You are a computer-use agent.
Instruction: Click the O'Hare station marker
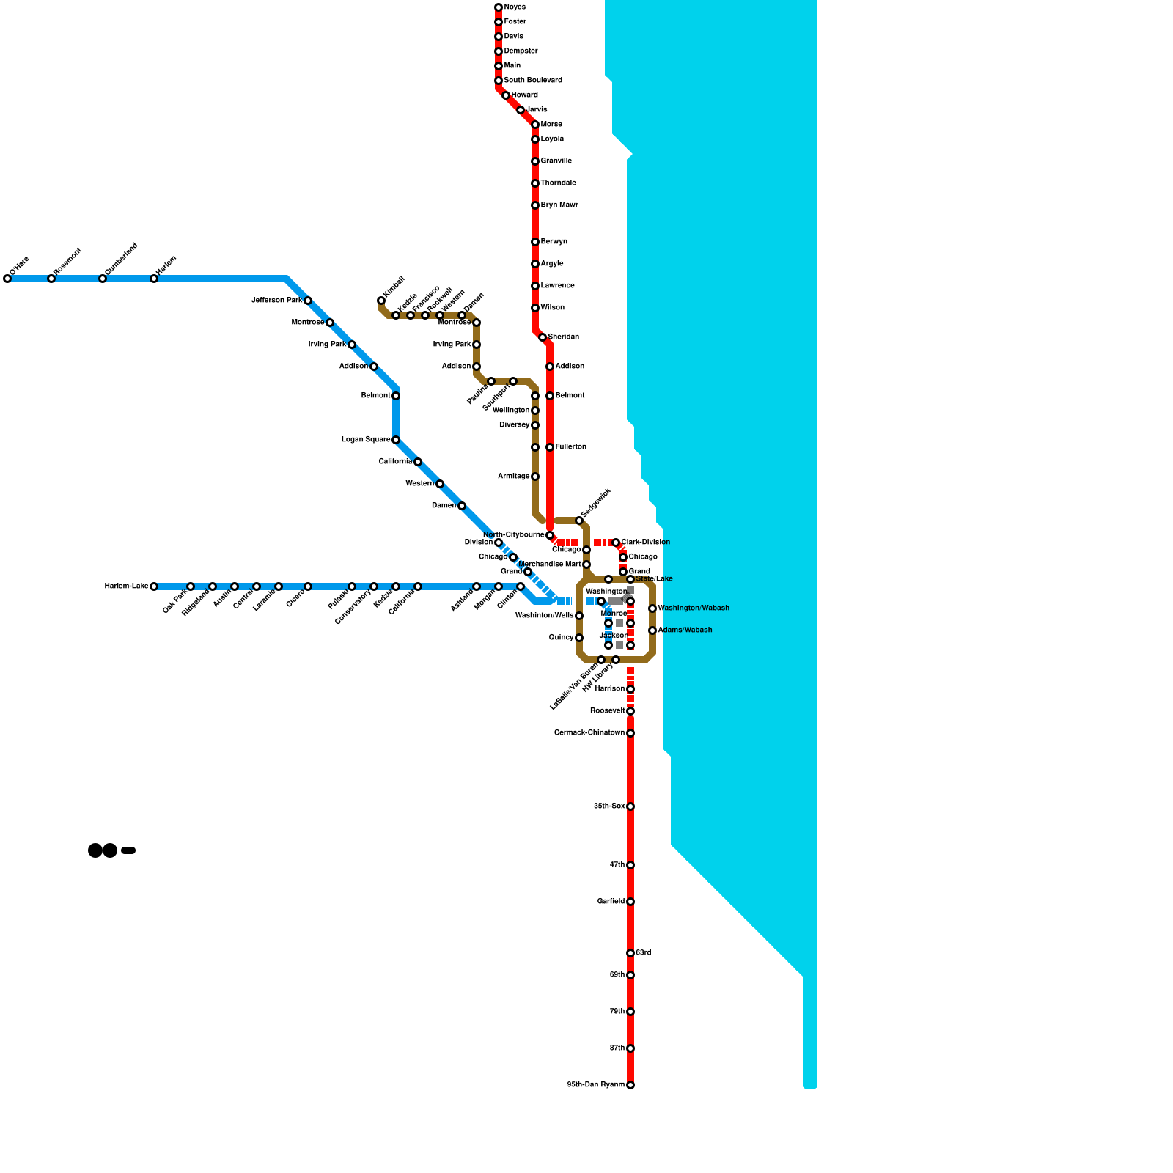point(7,279)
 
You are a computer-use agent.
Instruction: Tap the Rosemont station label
point(67,262)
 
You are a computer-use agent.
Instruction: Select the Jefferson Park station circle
point(308,301)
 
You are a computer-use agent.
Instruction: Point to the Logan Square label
point(366,440)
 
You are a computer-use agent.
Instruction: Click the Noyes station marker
point(499,7)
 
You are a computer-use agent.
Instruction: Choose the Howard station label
point(524,95)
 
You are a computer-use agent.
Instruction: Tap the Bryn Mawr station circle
point(535,205)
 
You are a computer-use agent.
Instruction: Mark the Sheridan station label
point(563,337)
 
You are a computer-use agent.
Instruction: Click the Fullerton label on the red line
point(570,447)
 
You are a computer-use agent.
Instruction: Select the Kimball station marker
point(381,301)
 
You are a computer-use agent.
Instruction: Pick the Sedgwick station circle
point(579,521)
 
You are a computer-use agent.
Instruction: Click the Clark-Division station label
point(645,543)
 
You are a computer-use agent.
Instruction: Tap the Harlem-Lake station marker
point(154,586)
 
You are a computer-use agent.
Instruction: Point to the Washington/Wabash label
point(694,608)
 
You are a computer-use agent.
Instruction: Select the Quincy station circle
point(579,638)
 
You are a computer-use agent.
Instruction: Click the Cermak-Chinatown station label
point(589,733)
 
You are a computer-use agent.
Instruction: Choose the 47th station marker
point(630,865)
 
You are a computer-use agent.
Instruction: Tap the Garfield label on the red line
point(611,902)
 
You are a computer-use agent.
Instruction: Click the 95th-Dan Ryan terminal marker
point(630,1085)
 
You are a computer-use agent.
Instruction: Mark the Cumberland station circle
point(103,279)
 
